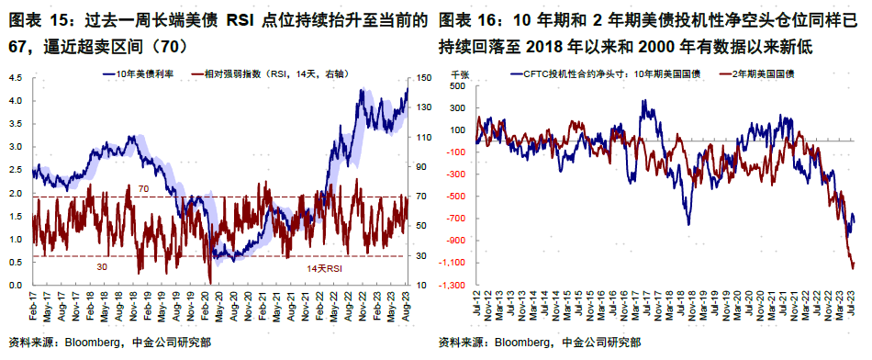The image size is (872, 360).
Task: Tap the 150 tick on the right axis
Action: pos(424,78)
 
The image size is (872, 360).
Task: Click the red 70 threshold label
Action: pos(143,188)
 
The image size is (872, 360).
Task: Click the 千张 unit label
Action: pos(458,71)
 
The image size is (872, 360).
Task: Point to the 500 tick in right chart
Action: pos(459,85)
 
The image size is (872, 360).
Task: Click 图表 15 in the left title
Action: pos(36,19)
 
